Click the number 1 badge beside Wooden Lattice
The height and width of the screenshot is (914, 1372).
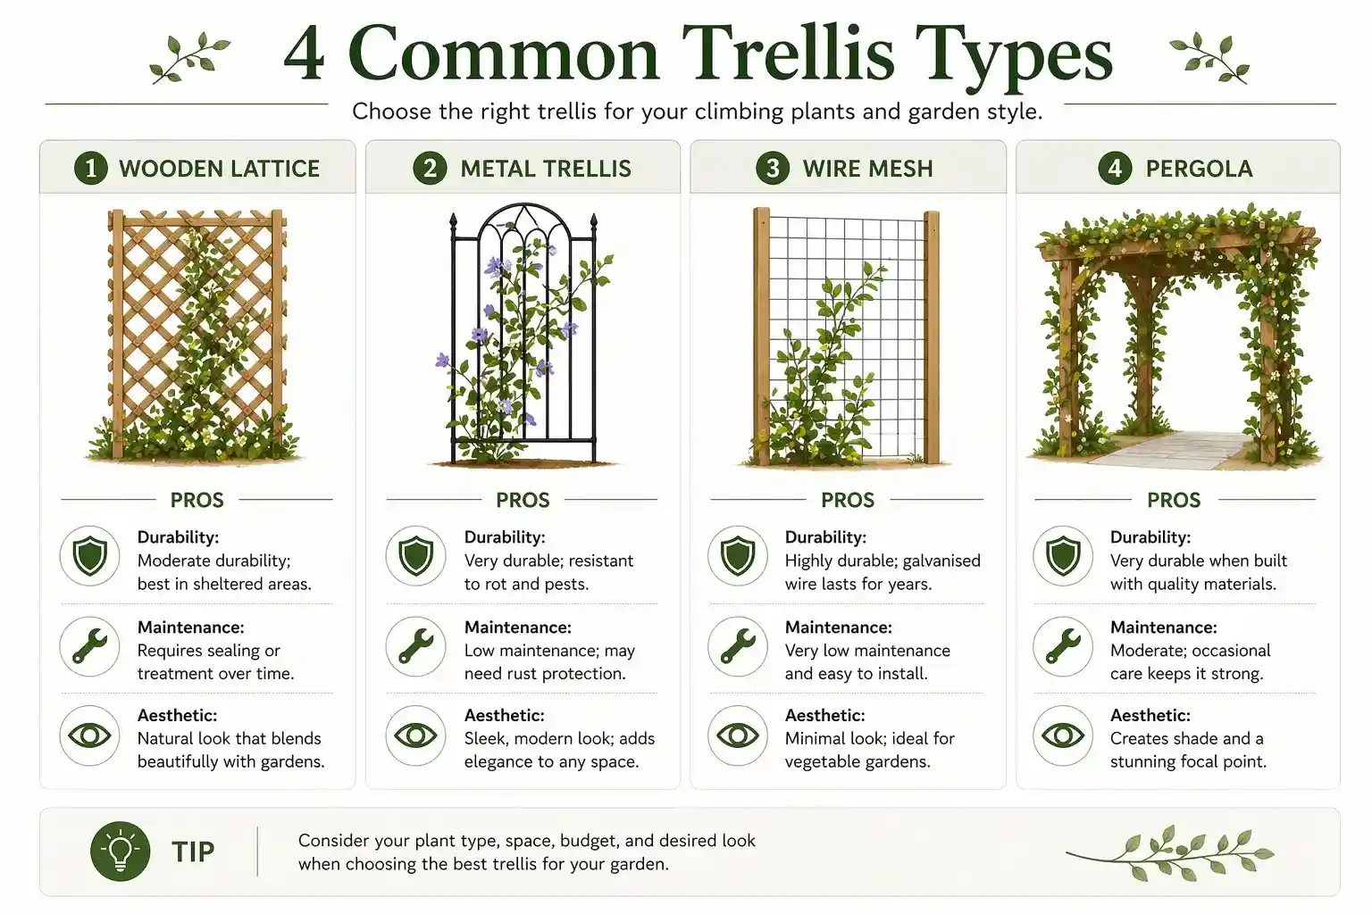pos(90,168)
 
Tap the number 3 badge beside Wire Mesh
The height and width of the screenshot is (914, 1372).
pos(773,168)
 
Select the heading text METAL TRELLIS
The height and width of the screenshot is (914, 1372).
pos(545,169)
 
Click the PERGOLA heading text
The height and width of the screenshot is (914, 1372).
pos(1199,169)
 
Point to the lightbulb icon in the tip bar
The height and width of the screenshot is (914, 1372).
pos(120,852)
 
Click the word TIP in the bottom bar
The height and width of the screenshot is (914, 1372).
pos(193,852)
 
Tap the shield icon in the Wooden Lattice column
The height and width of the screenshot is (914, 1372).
pos(89,556)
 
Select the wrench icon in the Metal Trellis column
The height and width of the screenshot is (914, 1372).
pos(415,645)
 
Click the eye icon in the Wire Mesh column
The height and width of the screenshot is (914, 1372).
pos(738,735)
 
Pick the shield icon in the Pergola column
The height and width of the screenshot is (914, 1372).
pos(1063,556)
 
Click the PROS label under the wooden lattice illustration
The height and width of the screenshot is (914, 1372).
pos(197,500)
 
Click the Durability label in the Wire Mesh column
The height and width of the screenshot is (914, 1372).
pos(824,537)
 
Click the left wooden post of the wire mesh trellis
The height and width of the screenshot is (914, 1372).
pos(761,339)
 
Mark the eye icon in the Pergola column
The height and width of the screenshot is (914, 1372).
pos(1063,735)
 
